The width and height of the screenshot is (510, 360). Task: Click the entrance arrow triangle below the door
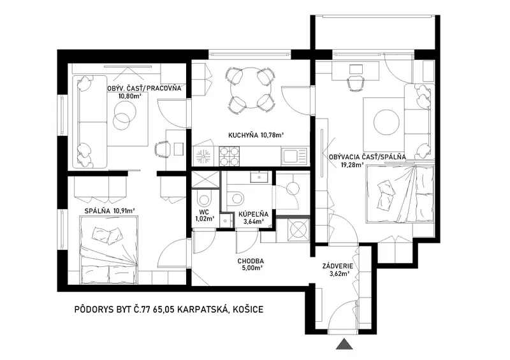coord(345,344)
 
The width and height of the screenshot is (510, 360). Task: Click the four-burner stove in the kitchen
coord(229,156)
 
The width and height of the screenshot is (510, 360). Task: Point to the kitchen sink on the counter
coord(294,156)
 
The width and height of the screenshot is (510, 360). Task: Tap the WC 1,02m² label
coord(205,215)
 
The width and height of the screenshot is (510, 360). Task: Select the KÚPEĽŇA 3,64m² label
coord(253,218)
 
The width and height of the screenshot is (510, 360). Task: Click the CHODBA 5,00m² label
coord(251,264)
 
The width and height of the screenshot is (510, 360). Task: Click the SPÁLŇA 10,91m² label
coord(110,211)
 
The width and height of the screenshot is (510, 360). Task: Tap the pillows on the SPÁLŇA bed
coord(108,234)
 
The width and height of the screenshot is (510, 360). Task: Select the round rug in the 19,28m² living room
coord(386,123)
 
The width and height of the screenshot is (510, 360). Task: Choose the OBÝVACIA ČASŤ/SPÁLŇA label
coord(368,157)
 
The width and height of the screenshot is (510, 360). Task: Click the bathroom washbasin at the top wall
coord(259,178)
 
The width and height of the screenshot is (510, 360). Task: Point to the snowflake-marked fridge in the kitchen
coord(204,157)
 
